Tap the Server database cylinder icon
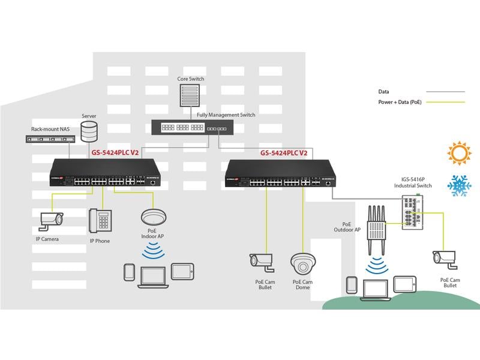(x=89, y=130)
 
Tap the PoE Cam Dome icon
(x=303, y=263)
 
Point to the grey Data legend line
(x=445, y=92)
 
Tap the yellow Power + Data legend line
(x=445, y=103)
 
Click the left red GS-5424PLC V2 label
(x=115, y=153)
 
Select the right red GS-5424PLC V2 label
(x=284, y=153)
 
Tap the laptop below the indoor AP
(x=152, y=275)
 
